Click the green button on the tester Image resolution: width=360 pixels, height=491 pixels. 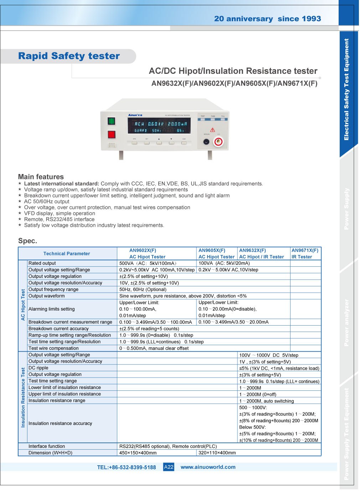[112, 121]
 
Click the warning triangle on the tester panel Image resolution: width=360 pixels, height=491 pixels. [212, 130]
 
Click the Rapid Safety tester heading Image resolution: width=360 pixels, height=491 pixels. [69, 56]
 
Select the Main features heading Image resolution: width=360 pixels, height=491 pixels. [41, 177]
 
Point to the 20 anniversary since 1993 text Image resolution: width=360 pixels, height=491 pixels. [267, 19]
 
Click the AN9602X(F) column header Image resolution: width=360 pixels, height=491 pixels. [147, 254]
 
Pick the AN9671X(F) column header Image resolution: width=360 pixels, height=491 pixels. [305, 254]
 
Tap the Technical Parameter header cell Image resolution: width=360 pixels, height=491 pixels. [67, 254]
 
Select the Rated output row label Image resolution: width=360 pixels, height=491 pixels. [42, 263]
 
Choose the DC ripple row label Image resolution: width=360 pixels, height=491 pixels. [38, 368]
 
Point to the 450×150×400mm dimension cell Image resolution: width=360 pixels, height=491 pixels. [138, 453]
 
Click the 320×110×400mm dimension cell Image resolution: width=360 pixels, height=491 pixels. [217, 453]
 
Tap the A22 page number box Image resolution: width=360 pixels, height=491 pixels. [169, 467]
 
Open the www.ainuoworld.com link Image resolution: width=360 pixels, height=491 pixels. [208, 467]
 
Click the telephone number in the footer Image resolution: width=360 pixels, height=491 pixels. [126, 467]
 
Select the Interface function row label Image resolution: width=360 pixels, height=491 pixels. [47, 446]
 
